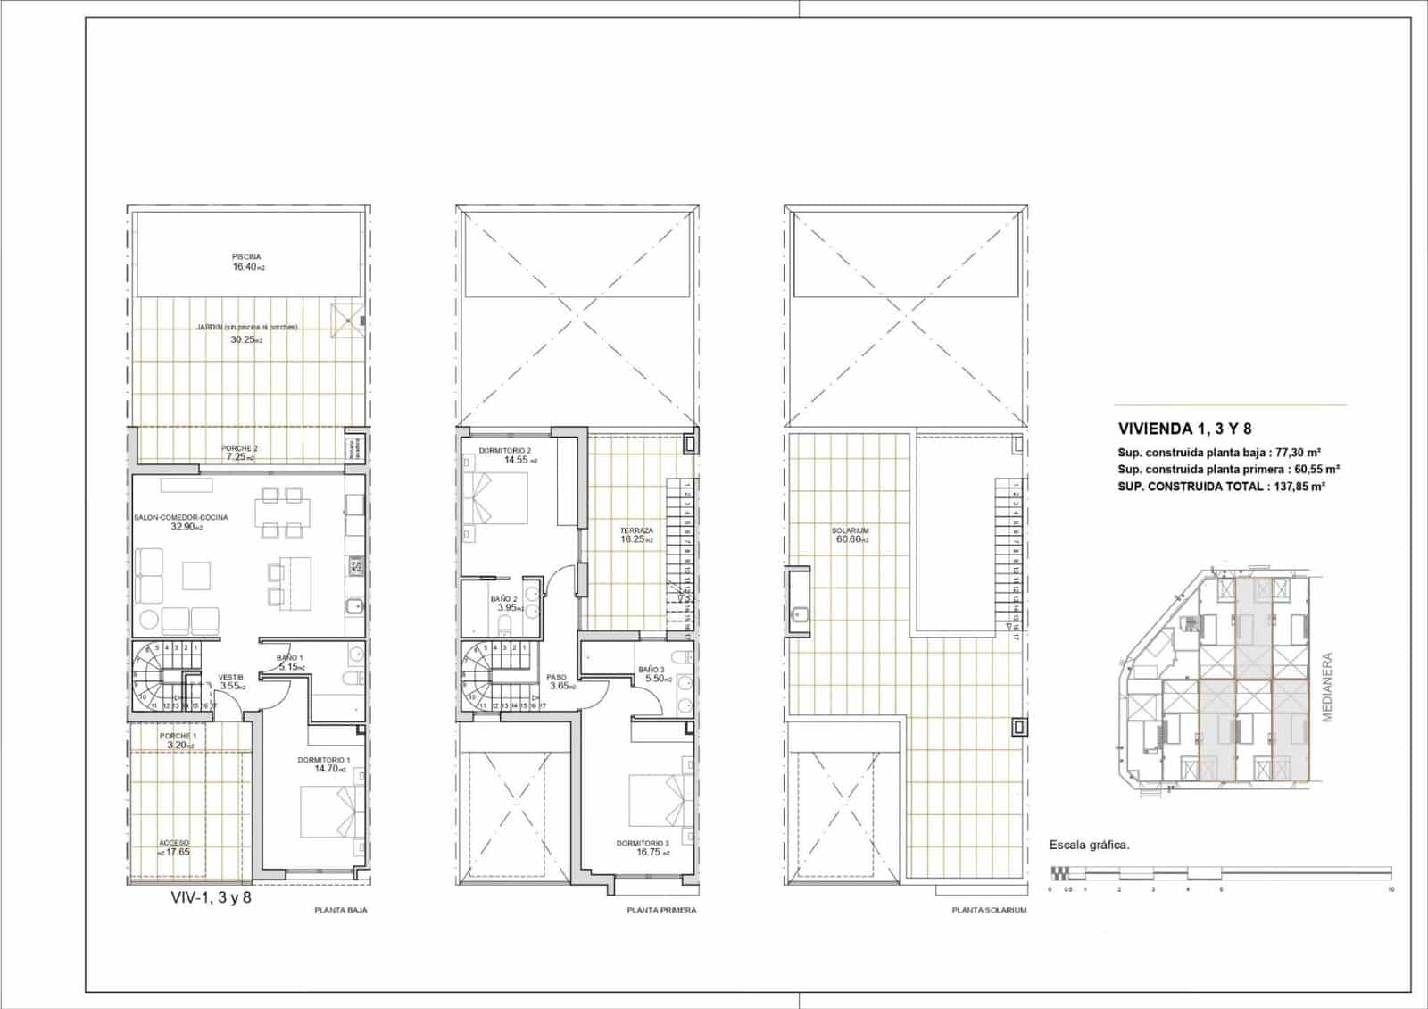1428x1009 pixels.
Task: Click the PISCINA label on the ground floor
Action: [246, 257]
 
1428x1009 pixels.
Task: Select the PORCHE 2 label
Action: [239, 448]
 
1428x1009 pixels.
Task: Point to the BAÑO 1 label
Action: [289, 657]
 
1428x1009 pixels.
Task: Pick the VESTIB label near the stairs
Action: [230, 677]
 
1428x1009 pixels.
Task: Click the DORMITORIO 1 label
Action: [324, 760]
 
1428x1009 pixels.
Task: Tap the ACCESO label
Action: [174, 843]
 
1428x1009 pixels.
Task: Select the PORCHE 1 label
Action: [176, 736]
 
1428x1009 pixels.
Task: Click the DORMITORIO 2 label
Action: [504, 450]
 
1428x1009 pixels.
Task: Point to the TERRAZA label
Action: [637, 530]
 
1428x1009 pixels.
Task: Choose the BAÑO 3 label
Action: [651, 670]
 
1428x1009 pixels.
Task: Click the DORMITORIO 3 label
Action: [642, 843]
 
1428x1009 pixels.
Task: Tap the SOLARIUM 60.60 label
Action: [852, 535]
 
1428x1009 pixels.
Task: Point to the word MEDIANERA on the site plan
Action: [1327, 663]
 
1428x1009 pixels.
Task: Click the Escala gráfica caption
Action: [1089, 845]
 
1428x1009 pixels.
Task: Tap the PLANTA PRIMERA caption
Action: [661, 911]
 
